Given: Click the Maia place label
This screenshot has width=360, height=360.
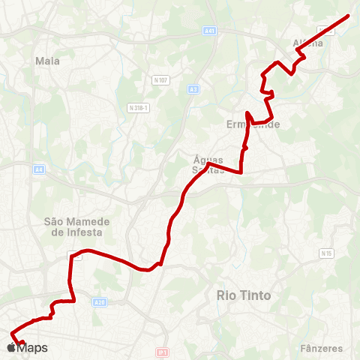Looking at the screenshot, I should coord(47,61).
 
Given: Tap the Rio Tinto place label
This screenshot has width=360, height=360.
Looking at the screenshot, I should coord(244,295).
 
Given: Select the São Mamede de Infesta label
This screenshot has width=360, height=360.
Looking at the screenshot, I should coord(76,226).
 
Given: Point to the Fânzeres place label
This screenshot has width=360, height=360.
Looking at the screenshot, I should coord(321,348).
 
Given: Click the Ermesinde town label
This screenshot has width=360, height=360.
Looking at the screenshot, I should coord(253,124).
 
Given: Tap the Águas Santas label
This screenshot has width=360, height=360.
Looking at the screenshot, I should coord(208,165).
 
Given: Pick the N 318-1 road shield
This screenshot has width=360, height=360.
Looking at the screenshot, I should coord(139,107).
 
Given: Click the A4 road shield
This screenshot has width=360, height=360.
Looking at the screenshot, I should coord(38,170).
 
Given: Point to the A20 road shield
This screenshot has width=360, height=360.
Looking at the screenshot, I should coord(100,301).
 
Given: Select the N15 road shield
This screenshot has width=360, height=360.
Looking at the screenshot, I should coord(326,253).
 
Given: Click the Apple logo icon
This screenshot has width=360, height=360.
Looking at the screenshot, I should coord(10,348).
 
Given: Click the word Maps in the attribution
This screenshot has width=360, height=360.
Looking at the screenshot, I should coord(32,348).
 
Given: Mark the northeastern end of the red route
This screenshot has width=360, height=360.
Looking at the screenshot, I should coord(349,16).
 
